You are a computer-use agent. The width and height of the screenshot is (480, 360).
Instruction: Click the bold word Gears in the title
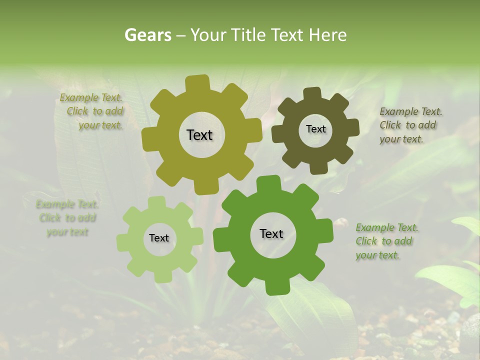point(147,35)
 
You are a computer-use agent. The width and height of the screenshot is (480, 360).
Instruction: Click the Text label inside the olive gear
point(199,135)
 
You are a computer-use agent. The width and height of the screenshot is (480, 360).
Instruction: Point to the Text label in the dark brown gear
point(315,129)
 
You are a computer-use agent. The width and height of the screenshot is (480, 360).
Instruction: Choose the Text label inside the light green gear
point(159,238)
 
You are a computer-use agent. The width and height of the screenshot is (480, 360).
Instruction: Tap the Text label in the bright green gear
point(271,234)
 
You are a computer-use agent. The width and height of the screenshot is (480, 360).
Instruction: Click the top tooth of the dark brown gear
point(312,93)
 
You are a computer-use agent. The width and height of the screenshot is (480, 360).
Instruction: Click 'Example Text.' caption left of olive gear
point(91,97)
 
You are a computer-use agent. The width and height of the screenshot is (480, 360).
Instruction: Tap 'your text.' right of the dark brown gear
point(401,139)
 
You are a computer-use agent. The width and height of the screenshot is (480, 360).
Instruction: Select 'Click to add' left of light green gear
point(67,218)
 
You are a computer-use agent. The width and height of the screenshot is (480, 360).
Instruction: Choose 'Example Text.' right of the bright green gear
point(387,228)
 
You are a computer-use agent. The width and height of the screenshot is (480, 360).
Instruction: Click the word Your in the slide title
point(208,35)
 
